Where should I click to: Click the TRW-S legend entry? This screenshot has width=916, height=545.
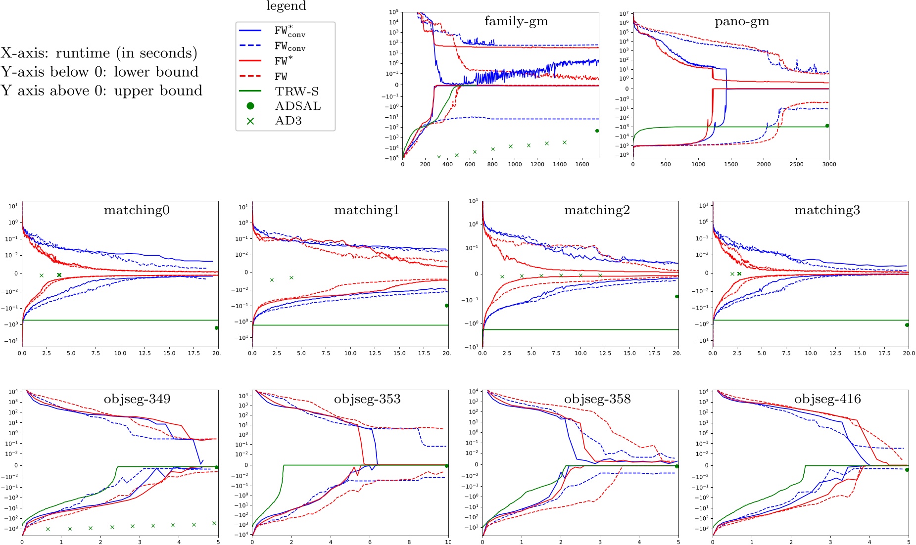(x=296, y=91)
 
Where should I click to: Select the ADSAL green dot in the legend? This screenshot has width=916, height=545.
(x=250, y=106)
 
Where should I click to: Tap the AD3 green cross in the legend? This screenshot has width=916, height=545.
(x=250, y=121)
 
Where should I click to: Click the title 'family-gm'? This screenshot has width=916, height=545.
(x=516, y=21)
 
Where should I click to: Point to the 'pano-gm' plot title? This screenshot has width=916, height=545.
(x=742, y=21)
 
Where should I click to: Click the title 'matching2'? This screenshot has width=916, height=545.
(x=597, y=210)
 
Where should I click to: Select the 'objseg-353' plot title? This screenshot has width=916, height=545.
(x=367, y=399)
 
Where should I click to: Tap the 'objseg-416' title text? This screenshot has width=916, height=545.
(x=827, y=399)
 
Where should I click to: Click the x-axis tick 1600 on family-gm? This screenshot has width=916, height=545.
(x=582, y=165)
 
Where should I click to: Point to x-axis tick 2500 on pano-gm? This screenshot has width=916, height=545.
(x=796, y=165)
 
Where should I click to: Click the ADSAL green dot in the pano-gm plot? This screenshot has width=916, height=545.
(x=827, y=126)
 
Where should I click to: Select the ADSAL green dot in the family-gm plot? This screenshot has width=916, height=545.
(x=597, y=131)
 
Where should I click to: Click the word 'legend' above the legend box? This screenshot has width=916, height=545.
(x=286, y=6)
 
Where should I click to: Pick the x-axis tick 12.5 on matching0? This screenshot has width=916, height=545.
(x=145, y=354)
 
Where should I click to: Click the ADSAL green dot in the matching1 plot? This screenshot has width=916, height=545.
(x=446, y=306)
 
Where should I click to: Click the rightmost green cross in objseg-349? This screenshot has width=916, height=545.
(x=214, y=523)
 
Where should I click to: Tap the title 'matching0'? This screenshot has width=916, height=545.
(x=137, y=210)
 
